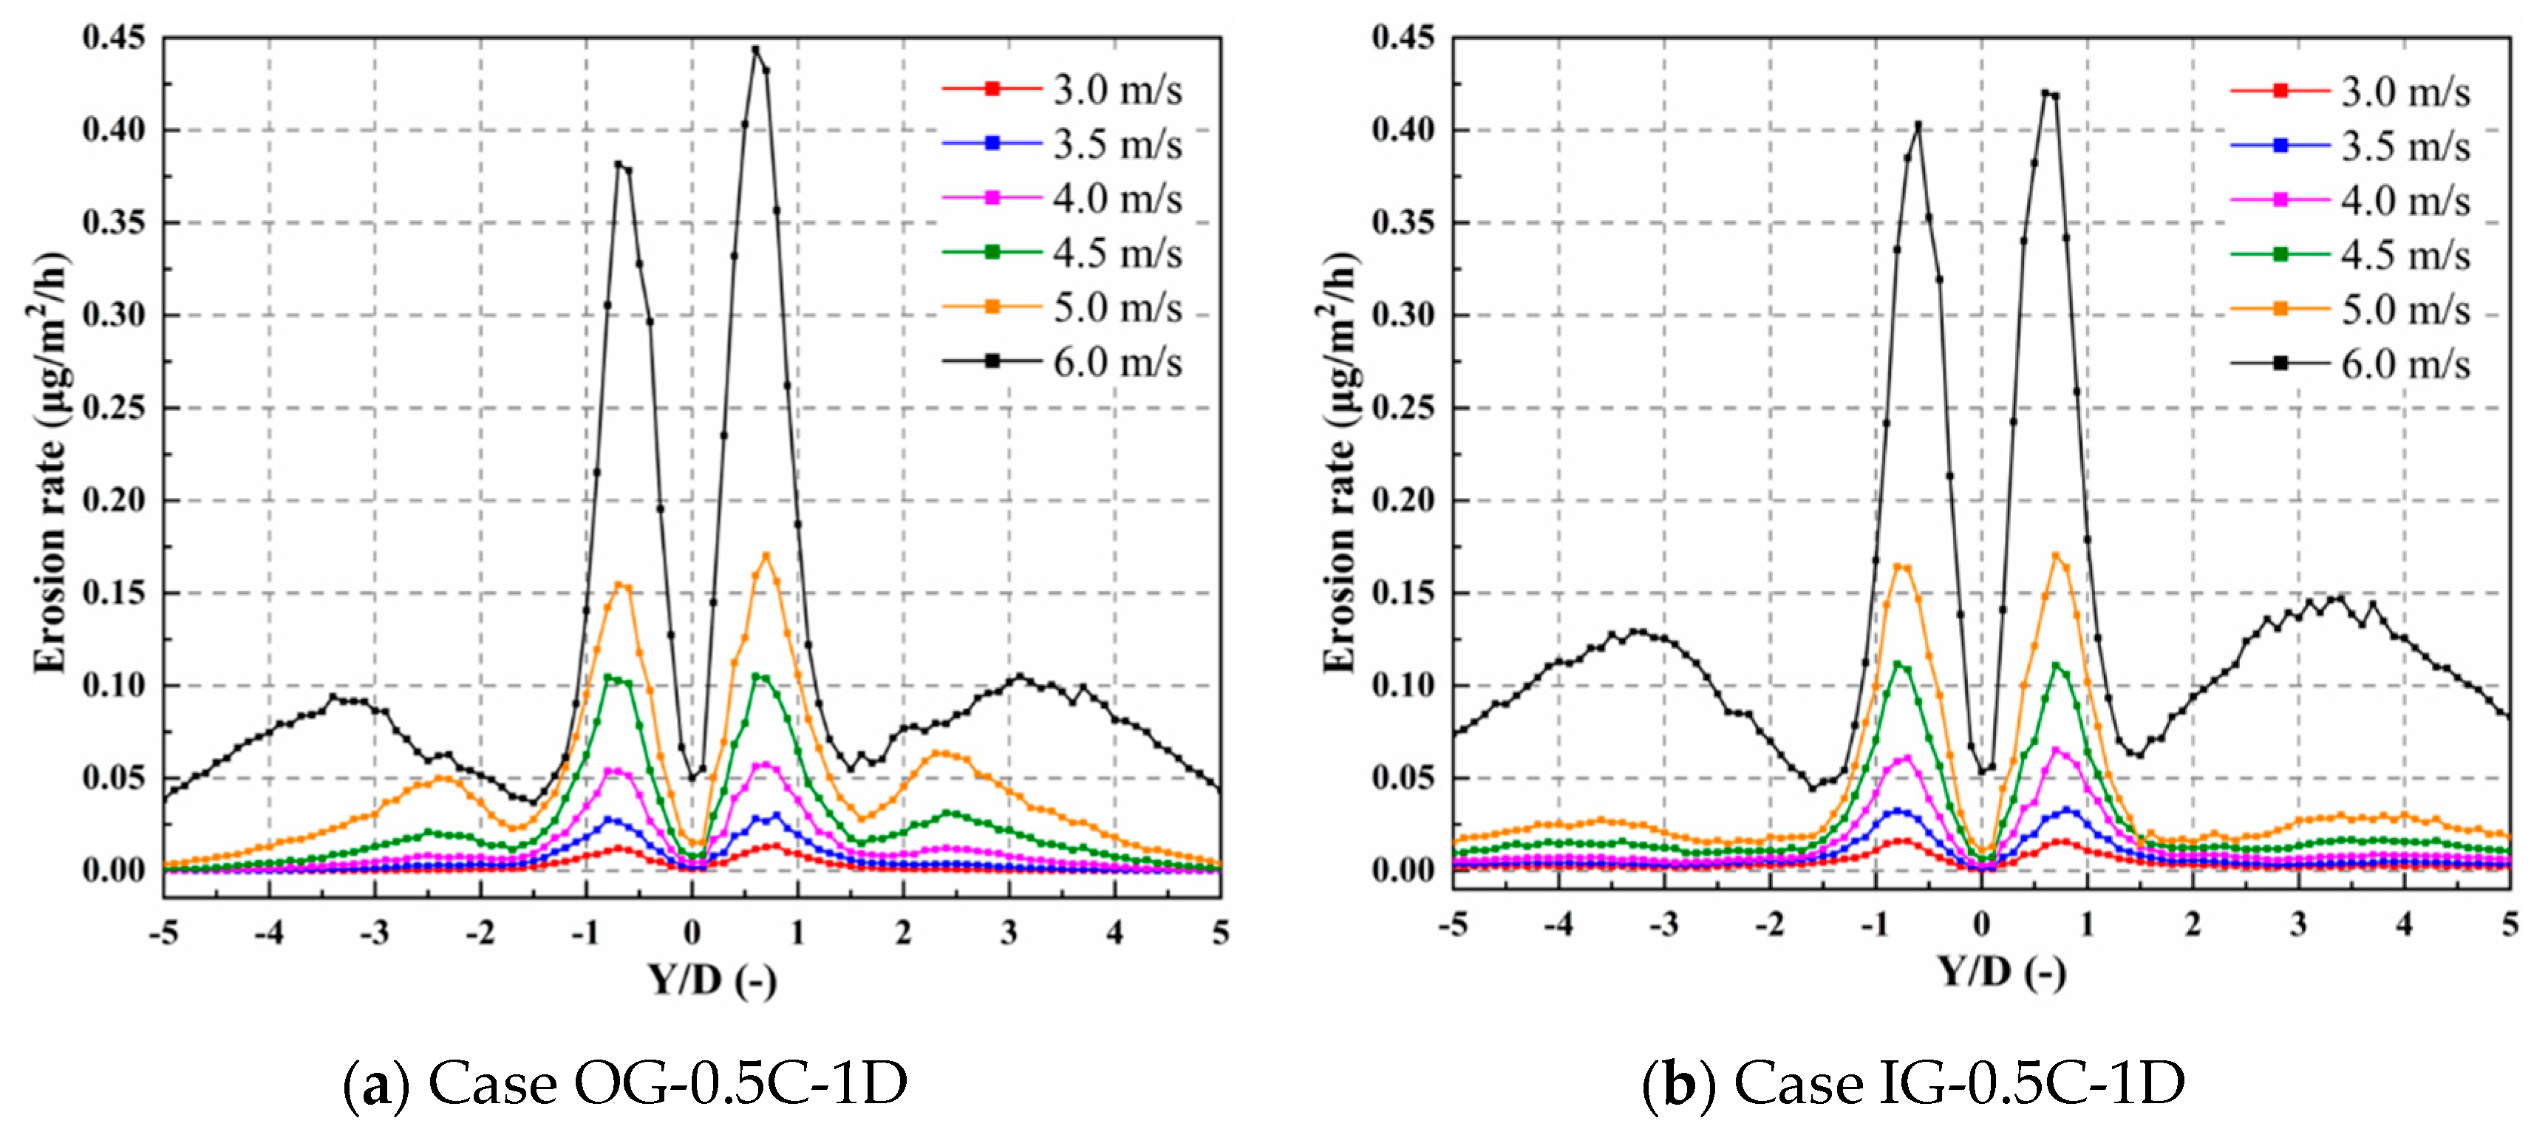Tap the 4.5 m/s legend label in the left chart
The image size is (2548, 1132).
[x=1116, y=254]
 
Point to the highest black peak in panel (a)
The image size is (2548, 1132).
[x=756, y=50]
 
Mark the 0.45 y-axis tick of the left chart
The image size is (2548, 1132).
[x=114, y=38]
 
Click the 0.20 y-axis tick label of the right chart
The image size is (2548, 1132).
[x=1403, y=500]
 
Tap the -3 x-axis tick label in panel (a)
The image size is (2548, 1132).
[x=373, y=932]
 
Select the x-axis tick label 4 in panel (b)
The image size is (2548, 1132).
[x=2404, y=924]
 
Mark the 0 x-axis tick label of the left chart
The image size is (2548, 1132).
[x=692, y=932]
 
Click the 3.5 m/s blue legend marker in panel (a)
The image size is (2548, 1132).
[x=992, y=143]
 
